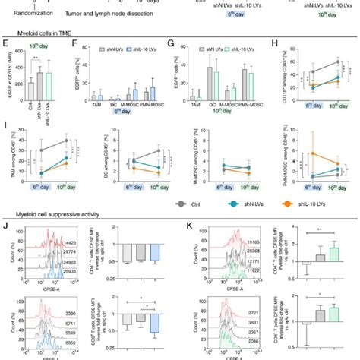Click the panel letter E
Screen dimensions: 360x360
[5, 46]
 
